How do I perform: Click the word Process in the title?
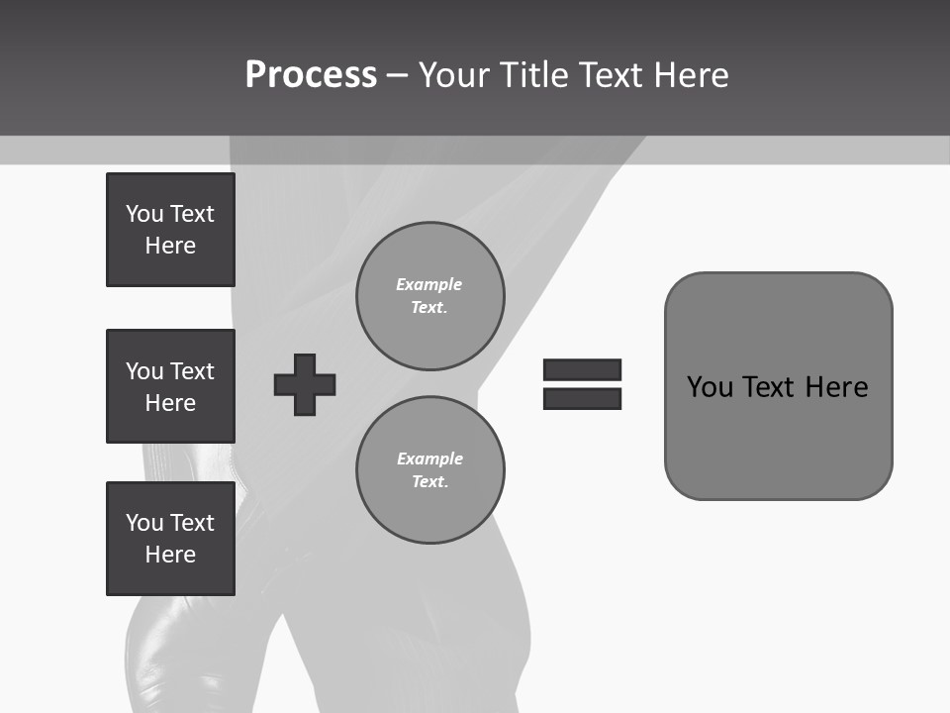(311, 75)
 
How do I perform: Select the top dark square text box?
(170, 230)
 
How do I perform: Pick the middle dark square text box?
(170, 386)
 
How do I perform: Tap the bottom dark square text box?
(170, 539)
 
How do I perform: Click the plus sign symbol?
(305, 384)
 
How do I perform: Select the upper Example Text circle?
(429, 295)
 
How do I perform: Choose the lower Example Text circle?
(429, 469)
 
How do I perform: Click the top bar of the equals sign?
(582, 370)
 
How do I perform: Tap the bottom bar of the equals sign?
(582, 398)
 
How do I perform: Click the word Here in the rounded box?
(836, 386)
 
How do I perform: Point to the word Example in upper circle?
(428, 284)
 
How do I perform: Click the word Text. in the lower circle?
(429, 481)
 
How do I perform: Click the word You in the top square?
(144, 214)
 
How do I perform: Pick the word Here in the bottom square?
(170, 555)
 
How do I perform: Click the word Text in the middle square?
(191, 371)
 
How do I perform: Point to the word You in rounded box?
(710, 386)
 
